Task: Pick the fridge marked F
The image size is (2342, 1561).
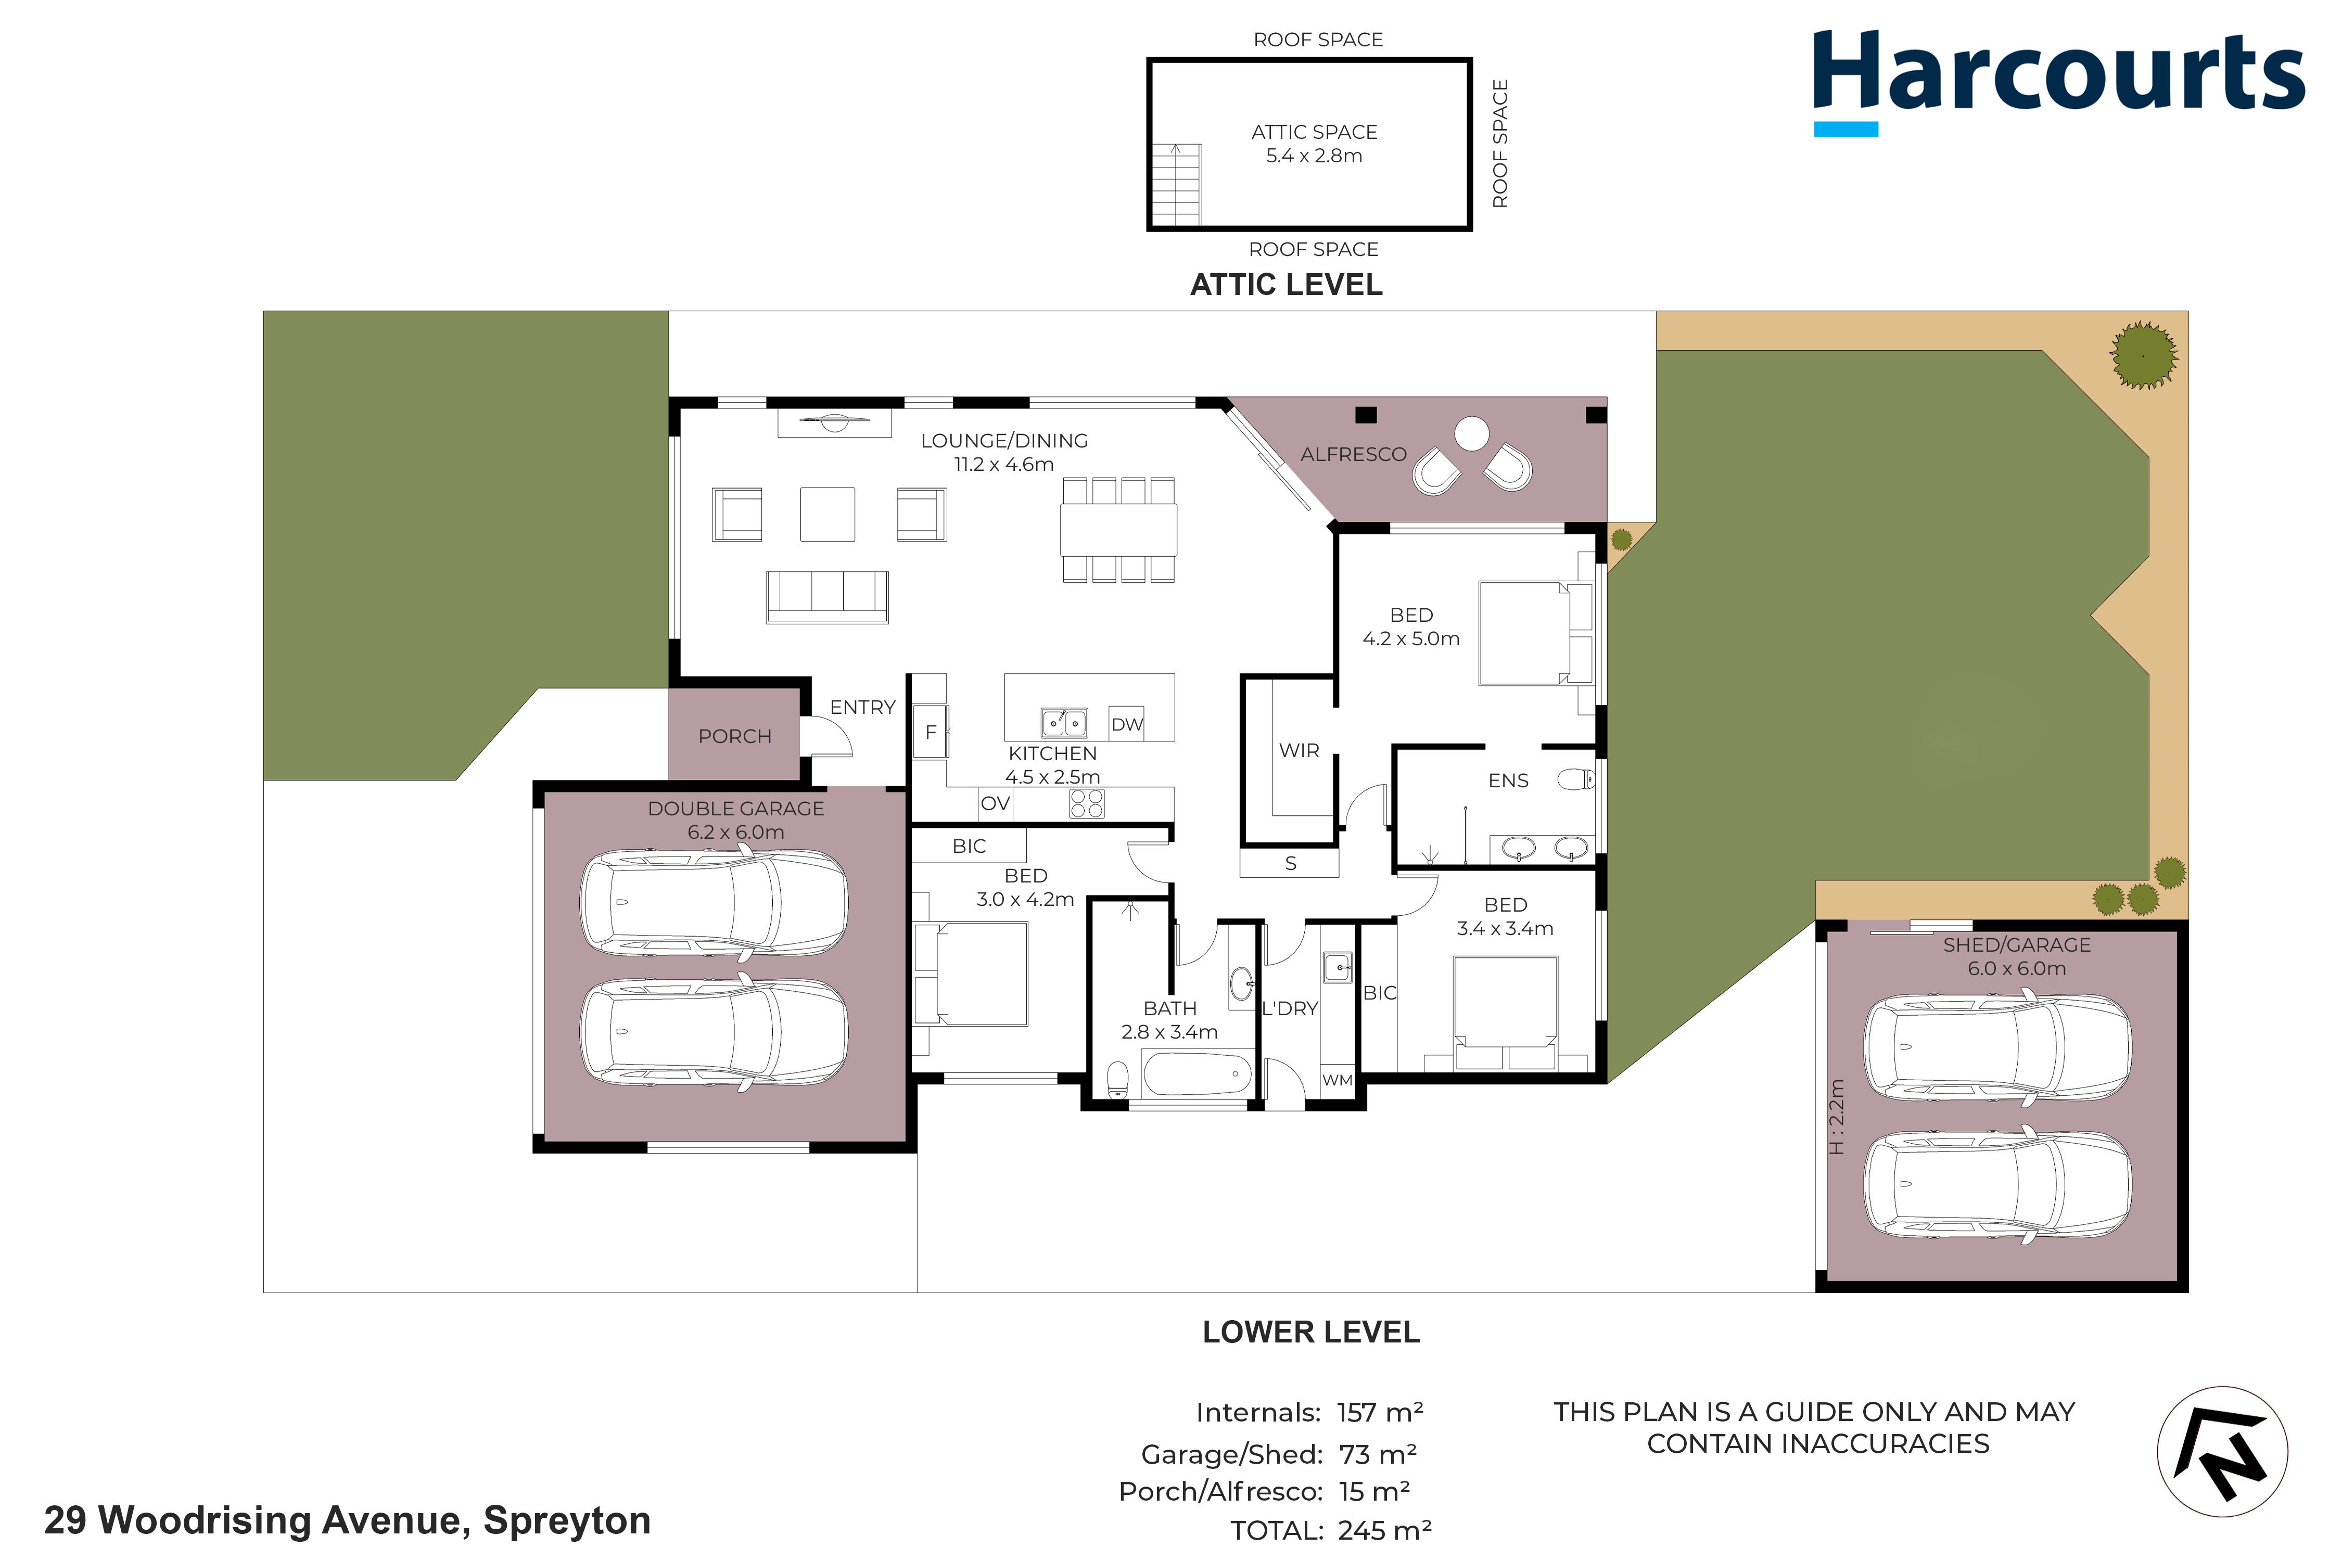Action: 930,732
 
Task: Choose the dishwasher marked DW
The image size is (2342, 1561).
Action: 1126,724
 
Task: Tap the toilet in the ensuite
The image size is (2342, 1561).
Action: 1576,778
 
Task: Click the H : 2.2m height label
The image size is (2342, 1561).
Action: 1837,1117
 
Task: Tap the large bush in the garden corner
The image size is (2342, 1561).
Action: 2143,354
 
